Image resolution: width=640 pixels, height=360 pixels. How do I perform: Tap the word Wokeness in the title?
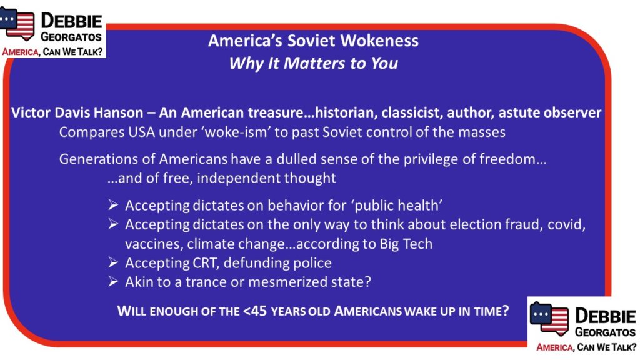(x=379, y=41)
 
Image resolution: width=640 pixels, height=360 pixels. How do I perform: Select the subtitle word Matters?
(x=315, y=63)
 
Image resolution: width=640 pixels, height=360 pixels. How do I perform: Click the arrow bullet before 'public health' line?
(x=114, y=205)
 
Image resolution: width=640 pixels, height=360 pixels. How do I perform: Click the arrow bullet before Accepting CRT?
(x=114, y=262)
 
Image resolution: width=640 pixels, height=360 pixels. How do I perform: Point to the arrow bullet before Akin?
(x=114, y=282)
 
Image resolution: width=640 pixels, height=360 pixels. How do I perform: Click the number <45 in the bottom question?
(x=255, y=311)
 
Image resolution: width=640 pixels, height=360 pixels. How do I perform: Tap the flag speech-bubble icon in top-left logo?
(x=17, y=24)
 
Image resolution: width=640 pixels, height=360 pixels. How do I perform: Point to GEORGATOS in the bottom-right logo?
(x=605, y=332)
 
